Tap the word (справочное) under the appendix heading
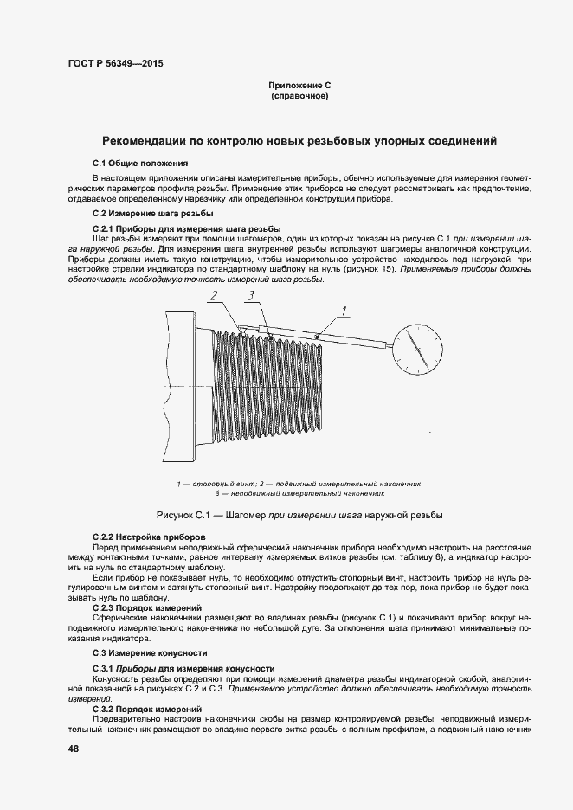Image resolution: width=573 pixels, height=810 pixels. [299, 96]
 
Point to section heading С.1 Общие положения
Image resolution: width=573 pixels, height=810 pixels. [140, 163]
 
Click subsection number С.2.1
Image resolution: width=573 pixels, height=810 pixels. [106, 228]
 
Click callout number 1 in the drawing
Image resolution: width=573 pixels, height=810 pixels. [344, 310]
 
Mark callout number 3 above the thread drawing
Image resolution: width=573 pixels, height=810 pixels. [249, 296]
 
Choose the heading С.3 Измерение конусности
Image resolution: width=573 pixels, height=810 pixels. [150, 652]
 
